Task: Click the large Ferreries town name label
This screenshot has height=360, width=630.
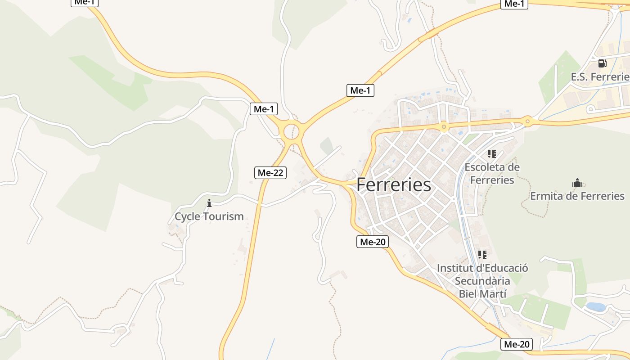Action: click(394, 185)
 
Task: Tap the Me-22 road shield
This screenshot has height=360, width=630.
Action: click(270, 172)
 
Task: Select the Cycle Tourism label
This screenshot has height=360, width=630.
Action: click(209, 216)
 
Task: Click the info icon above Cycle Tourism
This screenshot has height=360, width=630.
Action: click(209, 203)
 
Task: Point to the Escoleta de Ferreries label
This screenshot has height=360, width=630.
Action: click(492, 174)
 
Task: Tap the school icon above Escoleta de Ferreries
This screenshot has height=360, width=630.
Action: click(492, 154)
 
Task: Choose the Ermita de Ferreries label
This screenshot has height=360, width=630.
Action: click(577, 196)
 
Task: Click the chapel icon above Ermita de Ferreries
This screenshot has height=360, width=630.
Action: click(577, 183)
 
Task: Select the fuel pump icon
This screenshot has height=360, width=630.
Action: click(602, 63)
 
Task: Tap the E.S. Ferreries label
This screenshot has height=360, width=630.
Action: click(600, 77)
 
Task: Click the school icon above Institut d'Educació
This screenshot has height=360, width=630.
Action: click(482, 255)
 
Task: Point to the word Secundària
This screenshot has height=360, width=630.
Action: click(482, 281)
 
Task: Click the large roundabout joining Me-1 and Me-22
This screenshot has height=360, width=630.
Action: click(292, 131)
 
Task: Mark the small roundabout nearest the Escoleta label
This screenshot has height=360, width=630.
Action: click(444, 127)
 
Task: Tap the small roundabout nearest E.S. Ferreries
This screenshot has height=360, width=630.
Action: click(527, 121)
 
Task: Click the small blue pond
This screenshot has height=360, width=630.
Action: click(595, 307)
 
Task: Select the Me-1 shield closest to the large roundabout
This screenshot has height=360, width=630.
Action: click(264, 108)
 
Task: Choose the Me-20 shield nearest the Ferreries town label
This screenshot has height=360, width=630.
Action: click(373, 242)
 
